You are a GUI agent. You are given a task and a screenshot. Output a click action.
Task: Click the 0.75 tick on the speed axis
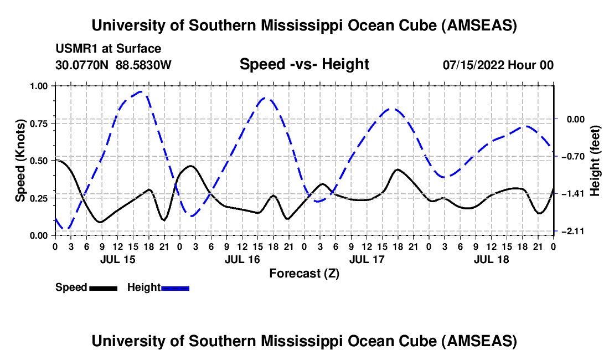click(41, 124)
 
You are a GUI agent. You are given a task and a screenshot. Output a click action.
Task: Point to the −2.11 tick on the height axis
click(570, 231)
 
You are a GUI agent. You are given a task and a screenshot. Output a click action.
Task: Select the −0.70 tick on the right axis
click(570, 156)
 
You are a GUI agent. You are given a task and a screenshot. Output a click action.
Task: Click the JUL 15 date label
click(117, 259)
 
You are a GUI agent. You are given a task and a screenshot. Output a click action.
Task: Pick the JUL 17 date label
click(367, 259)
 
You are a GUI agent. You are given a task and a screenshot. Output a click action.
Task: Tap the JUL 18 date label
click(491, 259)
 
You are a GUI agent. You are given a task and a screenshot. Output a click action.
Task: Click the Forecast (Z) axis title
click(304, 273)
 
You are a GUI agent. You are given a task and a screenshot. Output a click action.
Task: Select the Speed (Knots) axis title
click(20, 161)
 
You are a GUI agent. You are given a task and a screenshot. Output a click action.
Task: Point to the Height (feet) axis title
click(595, 161)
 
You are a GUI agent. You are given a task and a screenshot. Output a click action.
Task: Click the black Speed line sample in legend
click(102, 287)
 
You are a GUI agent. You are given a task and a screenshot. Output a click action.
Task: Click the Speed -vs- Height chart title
click(304, 64)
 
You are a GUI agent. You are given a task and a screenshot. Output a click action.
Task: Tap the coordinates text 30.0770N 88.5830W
click(113, 65)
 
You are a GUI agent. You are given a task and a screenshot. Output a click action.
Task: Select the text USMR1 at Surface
click(109, 49)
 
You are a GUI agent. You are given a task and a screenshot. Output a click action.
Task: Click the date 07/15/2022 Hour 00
click(498, 65)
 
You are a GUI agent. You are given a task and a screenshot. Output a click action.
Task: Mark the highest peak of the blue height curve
click(142, 92)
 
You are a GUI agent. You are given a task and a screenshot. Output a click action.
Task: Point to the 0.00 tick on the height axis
click(570, 119)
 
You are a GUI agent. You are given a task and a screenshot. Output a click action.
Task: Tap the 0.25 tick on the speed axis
click(41, 198)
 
